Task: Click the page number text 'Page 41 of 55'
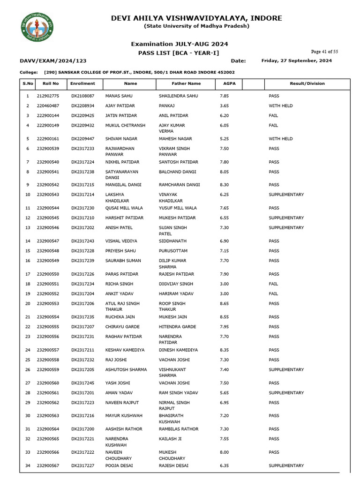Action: click(x=324, y=52)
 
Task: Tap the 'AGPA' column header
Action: click(x=223, y=83)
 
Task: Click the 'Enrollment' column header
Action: click(x=82, y=83)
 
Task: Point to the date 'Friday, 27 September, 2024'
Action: click(x=296, y=60)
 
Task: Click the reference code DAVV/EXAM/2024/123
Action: click(x=53, y=61)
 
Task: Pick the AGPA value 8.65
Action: click(x=224, y=304)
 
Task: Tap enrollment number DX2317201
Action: click(x=82, y=393)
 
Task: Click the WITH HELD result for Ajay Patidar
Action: click(x=280, y=106)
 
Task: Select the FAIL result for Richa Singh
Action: click(x=273, y=284)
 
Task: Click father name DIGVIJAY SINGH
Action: click(x=176, y=284)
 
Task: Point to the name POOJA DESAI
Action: click(x=119, y=465)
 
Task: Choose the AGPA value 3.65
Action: click(x=224, y=106)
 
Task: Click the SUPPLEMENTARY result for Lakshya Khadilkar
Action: click(x=286, y=195)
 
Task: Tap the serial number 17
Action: click(x=27, y=274)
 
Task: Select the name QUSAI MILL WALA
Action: click(x=122, y=208)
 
